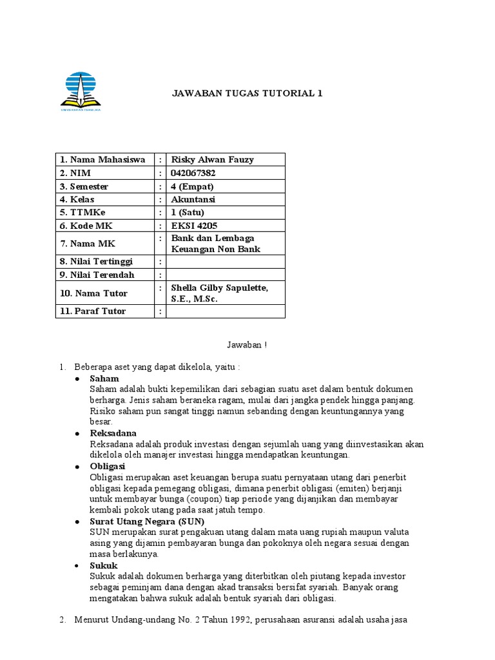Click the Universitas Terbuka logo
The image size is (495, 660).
[x=84, y=92]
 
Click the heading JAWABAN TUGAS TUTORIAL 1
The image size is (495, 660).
[x=247, y=93]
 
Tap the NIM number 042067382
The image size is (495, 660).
[x=193, y=173]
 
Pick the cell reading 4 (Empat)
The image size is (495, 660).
[x=192, y=186]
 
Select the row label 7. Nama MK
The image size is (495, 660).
[x=88, y=244]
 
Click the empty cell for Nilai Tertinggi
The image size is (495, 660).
[x=225, y=262]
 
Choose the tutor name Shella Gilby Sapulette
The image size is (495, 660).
[x=218, y=287]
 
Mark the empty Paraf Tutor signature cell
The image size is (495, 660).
[x=225, y=311]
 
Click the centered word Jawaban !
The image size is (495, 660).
[x=247, y=345]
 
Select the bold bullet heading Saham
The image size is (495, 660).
[x=104, y=379]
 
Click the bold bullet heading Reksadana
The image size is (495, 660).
[x=113, y=433]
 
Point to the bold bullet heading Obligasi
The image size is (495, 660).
[x=108, y=466]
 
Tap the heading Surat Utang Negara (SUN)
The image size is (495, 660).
[x=147, y=521]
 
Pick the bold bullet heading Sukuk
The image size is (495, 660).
[x=104, y=565]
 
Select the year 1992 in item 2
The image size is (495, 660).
[x=229, y=620]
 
